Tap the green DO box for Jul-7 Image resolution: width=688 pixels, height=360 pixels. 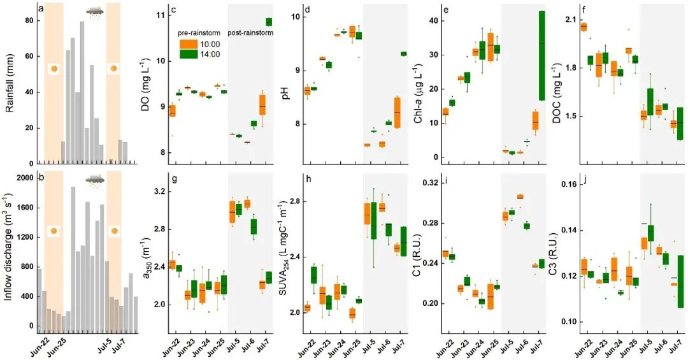point(269,22)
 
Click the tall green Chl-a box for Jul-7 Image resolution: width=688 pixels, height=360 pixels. point(542,55)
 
